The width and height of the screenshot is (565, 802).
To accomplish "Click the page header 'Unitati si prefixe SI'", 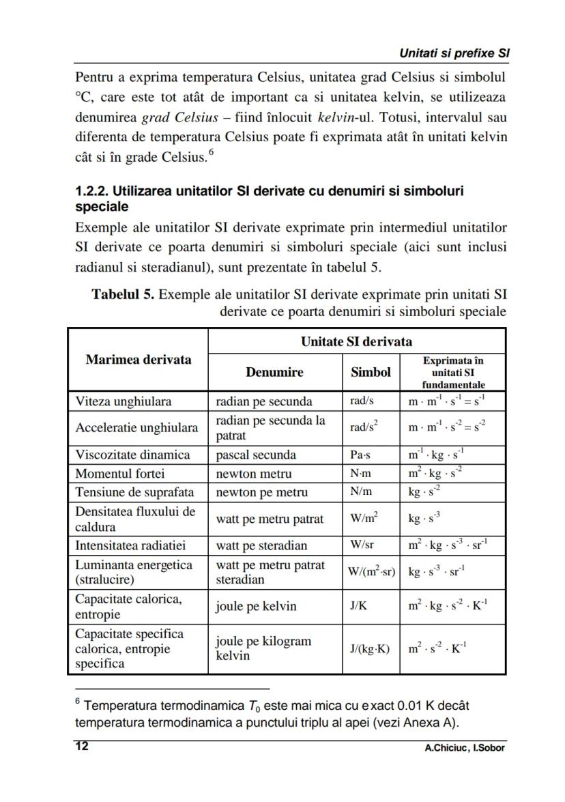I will (x=455, y=53).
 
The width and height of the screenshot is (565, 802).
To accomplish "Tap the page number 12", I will (x=81, y=747).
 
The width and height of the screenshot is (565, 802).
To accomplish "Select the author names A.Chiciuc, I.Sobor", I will (x=464, y=747).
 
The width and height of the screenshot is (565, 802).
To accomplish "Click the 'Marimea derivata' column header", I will (x=139, y=359).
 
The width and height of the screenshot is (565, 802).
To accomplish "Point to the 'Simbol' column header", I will (x=371, y=372).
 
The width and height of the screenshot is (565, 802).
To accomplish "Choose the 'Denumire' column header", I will (x=274, y=372).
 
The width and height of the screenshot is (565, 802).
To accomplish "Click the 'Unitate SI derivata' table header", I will (x=356, y=341).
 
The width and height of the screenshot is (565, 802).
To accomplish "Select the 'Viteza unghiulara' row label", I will (x=124, y=401).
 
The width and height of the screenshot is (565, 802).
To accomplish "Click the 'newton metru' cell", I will (x=253, y=473).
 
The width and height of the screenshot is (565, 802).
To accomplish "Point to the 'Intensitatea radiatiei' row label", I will (x=130, y=545).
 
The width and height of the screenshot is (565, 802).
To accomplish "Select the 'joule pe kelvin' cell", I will (x=256, y=606).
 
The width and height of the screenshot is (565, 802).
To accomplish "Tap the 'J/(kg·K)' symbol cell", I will (x=370, y=648).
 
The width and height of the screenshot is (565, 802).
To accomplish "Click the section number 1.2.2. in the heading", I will (x=92, y=191).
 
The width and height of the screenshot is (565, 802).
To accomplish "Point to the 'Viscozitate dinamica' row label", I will (x=132, y=455).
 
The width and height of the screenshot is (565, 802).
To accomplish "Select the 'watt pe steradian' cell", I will (x=261, y=545).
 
